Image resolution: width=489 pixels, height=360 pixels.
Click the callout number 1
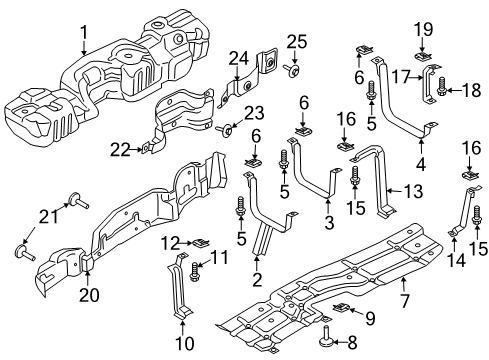tap(85, 31)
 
